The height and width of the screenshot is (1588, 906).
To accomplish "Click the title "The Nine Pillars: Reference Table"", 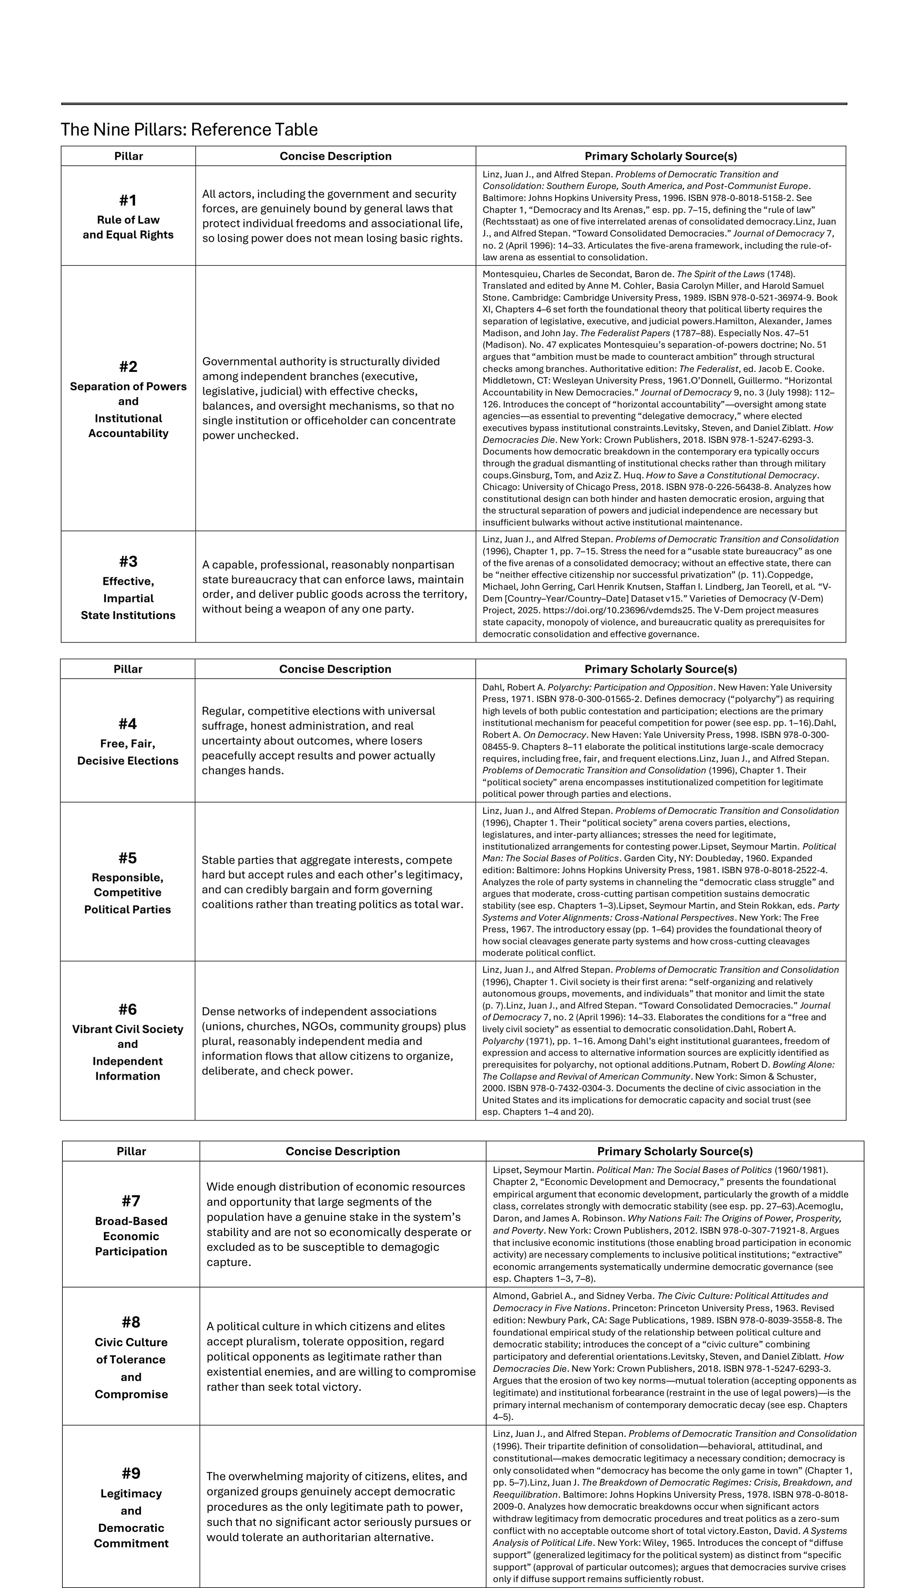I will [x=189, y=130].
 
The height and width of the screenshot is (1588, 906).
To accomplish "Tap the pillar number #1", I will [x=128, y=201].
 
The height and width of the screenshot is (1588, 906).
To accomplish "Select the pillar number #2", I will [x=128, y=367].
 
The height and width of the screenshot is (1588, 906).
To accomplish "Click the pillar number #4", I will [x=127, y=724].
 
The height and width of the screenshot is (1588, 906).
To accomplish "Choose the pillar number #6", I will [x=127, y=1009].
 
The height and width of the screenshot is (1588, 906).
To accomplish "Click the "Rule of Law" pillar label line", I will [x=128, y=220].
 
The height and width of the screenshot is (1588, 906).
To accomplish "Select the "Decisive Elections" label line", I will [x=127, y=760].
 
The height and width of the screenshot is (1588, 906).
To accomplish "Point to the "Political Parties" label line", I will [x=127, y=909].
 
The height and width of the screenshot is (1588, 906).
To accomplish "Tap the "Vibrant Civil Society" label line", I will [x=127, y=1029].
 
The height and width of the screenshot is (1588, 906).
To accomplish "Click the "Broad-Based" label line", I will [x=131, y=1221].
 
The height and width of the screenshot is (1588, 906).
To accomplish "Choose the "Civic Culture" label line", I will [x=131, y=1342].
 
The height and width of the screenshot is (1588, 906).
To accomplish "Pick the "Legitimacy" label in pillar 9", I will [x=131, y=1494].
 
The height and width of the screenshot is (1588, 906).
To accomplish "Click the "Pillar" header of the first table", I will [x=128, y=156].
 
